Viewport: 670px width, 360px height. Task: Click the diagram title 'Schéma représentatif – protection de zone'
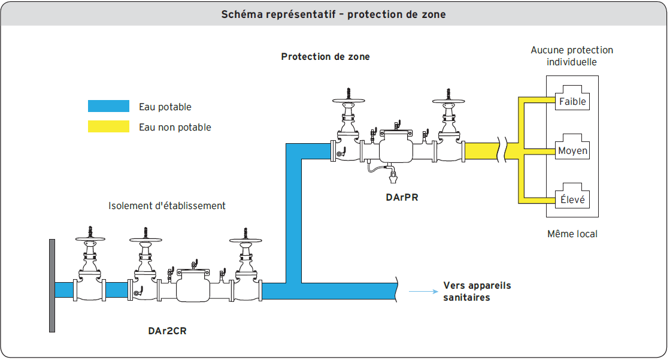(334, 14)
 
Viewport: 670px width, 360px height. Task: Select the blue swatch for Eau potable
(108, 107)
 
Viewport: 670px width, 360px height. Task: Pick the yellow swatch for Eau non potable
(108, 126)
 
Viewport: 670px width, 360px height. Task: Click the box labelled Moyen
(572, 150)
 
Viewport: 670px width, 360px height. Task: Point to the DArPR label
(402, 196)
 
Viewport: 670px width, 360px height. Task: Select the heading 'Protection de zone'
(325, 57)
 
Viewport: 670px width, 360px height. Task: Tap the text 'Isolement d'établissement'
(167, 205)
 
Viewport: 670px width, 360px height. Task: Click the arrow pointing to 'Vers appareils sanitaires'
(422, 292)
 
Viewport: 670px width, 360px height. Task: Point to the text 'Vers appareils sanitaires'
(477, 291)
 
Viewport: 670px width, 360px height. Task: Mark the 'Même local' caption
(572, 234)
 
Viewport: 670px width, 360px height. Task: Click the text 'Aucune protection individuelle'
(572, 56)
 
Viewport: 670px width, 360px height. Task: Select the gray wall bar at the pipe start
(52, 285)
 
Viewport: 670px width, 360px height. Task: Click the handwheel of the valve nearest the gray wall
(90, 239)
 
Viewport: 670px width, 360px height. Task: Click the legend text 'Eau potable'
(165, 107)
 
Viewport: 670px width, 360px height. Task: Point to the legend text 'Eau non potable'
(175, 127)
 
